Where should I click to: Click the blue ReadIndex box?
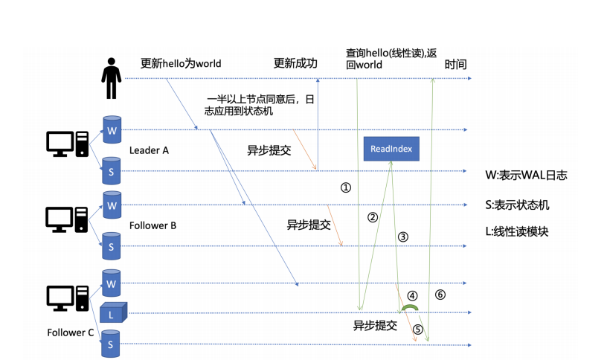[x=391, y=149]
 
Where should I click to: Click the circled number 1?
[x=345, y=187]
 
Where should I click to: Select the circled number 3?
[x=403, y=237]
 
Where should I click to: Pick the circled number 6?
[x=440, y=295]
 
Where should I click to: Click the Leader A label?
[x=149, y=150]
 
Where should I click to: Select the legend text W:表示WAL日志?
[x=525, y=176]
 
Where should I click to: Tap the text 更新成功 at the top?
[x=295, y=63]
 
